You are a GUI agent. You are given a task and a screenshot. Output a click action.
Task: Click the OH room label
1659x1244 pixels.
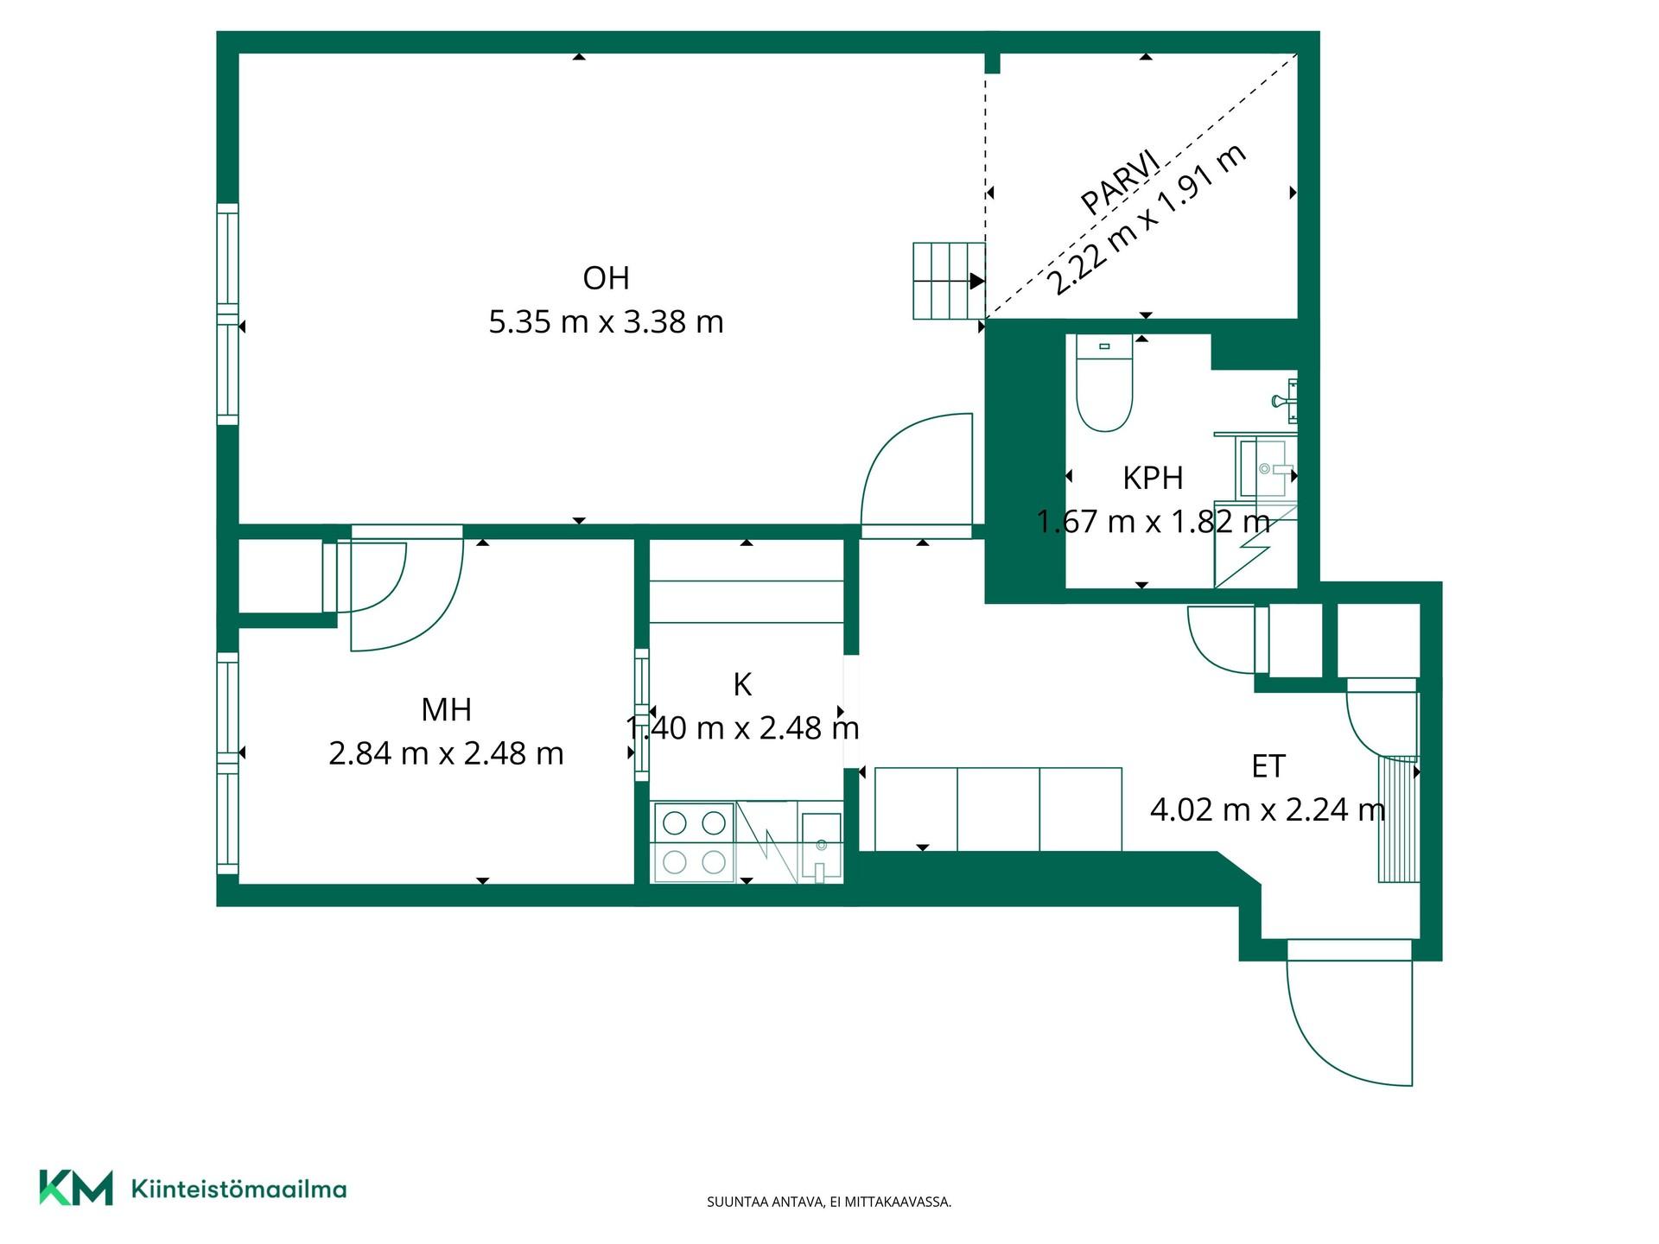point(606,278)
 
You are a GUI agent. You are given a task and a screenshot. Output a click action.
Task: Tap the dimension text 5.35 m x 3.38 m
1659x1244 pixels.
point(606,322)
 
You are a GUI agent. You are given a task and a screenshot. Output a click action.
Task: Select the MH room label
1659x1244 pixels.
point(446,710)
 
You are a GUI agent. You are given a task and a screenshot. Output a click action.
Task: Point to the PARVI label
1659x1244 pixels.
point(1120,182)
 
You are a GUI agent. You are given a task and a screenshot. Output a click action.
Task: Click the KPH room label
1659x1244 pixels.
point(1153,478)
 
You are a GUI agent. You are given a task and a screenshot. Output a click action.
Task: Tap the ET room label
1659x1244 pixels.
point(1268,766)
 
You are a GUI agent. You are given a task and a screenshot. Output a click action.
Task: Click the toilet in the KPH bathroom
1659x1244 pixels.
point(1104,383)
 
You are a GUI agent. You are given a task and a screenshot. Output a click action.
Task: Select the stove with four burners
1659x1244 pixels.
point(694,842)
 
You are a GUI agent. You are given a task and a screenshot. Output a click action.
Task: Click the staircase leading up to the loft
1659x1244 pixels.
point(949,281)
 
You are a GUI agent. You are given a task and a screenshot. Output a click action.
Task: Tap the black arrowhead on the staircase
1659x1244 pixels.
point(977,281)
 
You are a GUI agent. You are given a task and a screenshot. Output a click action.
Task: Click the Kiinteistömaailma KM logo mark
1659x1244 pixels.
point(76,1188)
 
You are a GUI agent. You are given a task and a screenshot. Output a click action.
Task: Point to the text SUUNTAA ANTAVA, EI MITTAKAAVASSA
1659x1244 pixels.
point(829,1202)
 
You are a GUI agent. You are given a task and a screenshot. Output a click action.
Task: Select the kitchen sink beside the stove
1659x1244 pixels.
point(821,847)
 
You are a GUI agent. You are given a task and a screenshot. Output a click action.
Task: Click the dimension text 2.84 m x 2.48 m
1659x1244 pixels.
point(446,754)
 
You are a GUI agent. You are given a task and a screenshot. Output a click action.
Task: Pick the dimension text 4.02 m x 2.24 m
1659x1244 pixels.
point(1268,809)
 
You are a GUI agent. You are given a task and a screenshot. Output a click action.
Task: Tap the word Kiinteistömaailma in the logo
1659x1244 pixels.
point(238,1190)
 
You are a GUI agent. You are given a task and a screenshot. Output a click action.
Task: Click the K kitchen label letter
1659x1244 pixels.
point(742,685)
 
